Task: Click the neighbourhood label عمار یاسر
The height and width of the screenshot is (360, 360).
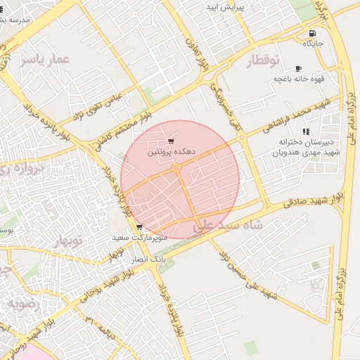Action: (x=46, y=60)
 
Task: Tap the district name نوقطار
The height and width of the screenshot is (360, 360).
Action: (x=264, y=61)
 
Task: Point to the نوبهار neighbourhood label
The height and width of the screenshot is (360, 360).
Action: (x=67, y=241)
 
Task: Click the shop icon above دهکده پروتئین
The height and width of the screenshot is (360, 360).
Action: (x=171, y=141)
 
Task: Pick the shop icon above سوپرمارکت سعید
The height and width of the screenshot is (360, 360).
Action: (x=139, y=227)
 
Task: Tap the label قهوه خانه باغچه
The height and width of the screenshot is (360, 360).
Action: (x=297, y=79)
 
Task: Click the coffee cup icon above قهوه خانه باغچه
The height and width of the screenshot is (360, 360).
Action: (x=299, y=68)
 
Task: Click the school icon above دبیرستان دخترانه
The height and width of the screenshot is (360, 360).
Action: (x=305, y=131)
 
